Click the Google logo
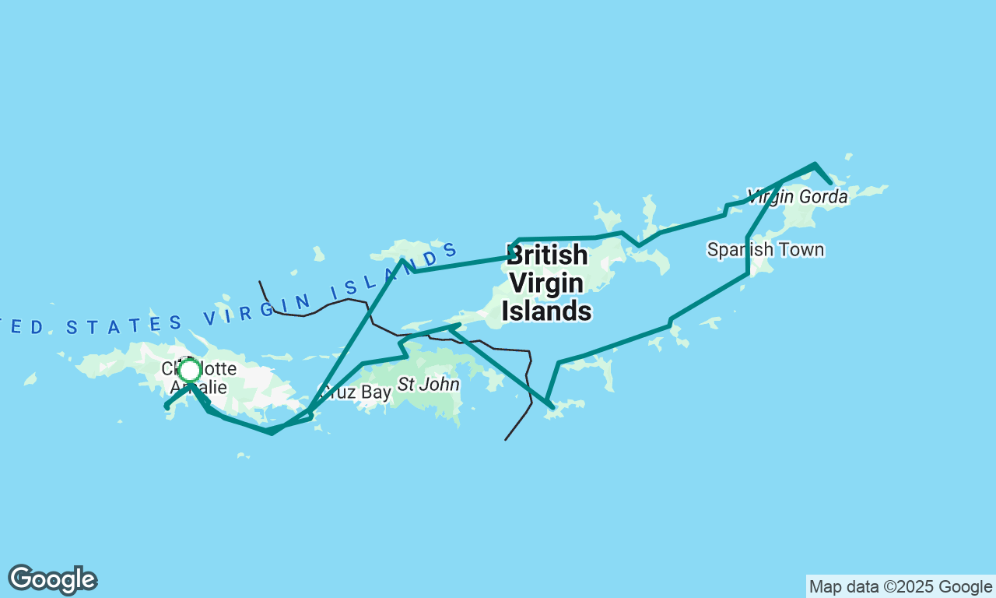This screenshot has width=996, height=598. [x=52, y=580]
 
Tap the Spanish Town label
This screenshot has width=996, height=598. [x=765, y=250]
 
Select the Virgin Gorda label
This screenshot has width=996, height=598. [x=797, y=197]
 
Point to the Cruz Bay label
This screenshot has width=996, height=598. [x=357, y=392]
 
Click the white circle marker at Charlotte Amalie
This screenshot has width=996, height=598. [x=189, y=371]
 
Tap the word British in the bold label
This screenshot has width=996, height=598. [x=547, y=255]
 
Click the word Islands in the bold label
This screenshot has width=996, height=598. [x=546, y=311]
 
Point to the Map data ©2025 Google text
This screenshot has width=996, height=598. [x=900, y=587]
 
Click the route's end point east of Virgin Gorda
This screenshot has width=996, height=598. [x=831, y=184]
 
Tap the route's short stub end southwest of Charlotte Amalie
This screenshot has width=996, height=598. [x=167, y=406]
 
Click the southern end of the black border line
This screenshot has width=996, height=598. [x=506, y=440]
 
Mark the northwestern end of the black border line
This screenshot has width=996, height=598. [x=260, y=282]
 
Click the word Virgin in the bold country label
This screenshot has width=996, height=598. [x=547, y=283]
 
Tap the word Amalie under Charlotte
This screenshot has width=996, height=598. [x=198, y=388]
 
